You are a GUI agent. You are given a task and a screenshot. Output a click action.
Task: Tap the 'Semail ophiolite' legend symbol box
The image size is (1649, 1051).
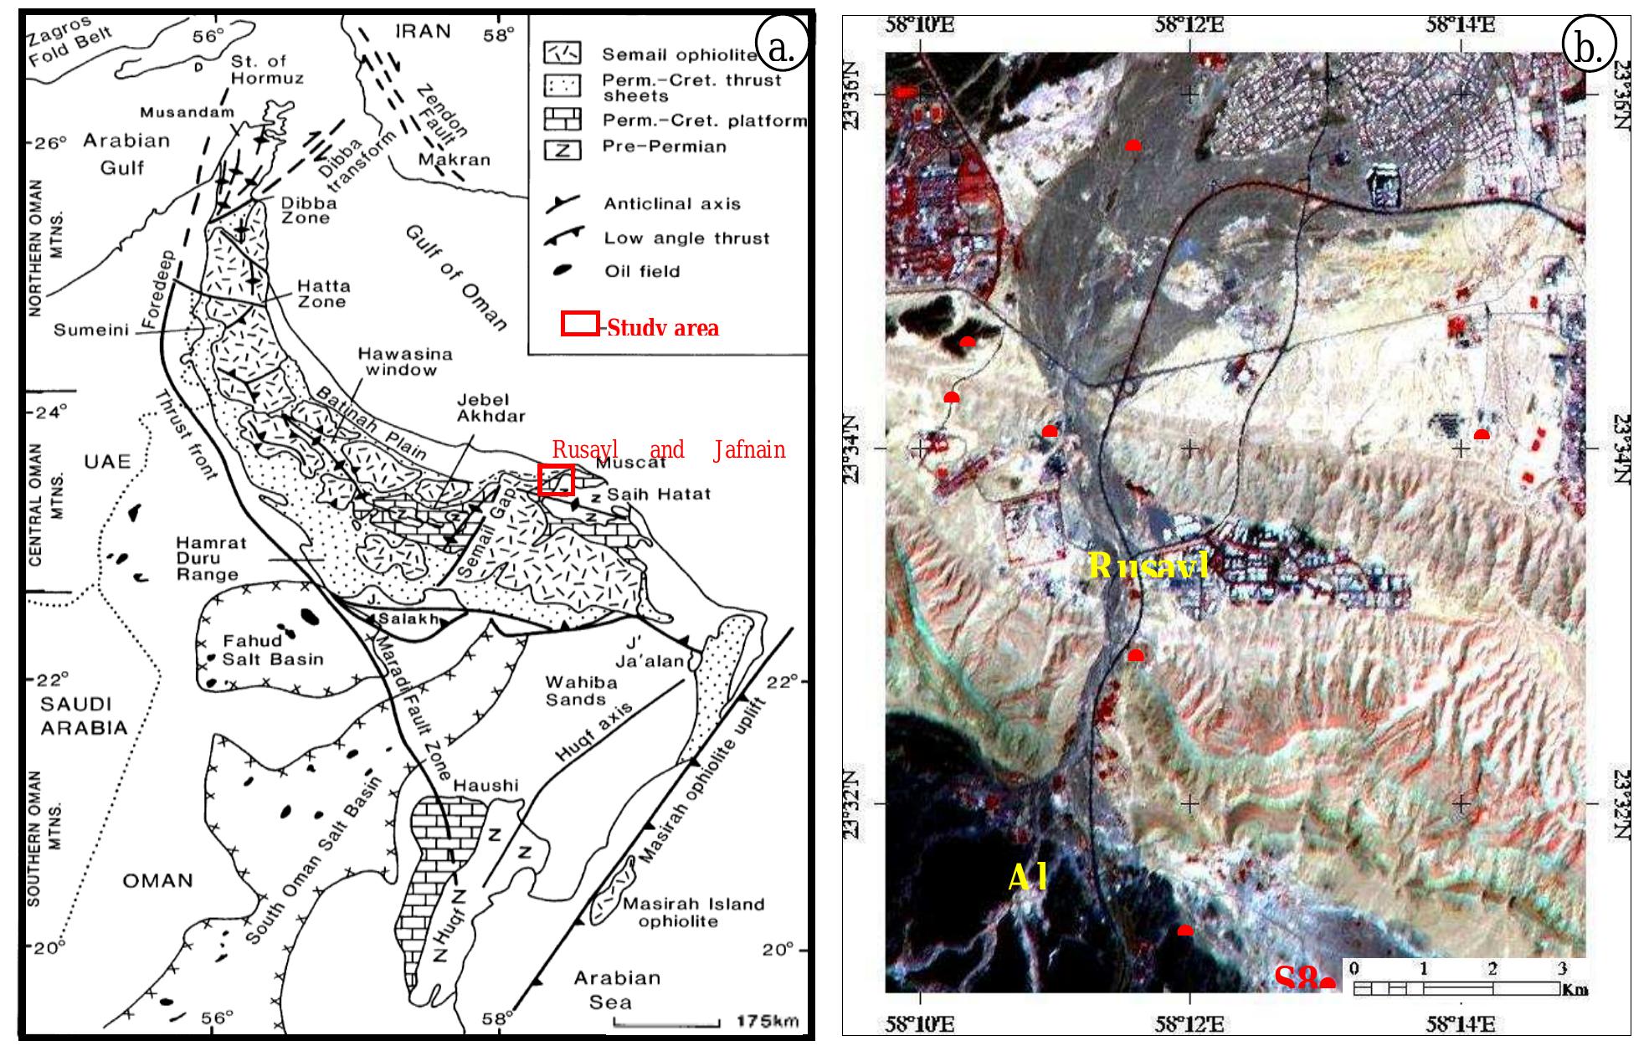[563, 54]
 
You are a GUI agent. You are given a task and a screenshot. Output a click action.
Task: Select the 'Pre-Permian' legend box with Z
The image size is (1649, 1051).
[563, 149]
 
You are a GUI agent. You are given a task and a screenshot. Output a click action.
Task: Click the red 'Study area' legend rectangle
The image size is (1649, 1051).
[579, 324]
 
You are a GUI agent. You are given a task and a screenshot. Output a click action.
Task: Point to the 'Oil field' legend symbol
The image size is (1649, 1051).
[563, 270]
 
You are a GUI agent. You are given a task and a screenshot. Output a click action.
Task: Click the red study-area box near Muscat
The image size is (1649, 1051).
[556, 479]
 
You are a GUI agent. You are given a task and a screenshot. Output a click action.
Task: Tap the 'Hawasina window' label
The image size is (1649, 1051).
[401, 361]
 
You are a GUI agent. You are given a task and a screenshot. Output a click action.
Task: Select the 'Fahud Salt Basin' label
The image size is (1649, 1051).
[272, 650]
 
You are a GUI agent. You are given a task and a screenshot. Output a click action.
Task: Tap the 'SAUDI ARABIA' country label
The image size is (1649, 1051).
[84, 715]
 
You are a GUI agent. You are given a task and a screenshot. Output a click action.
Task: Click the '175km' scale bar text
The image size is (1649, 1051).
[767, 1021]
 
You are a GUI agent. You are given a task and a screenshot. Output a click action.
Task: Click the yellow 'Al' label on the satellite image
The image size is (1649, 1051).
[1027, 877]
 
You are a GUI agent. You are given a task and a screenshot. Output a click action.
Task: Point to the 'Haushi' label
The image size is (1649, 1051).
[485, 786]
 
